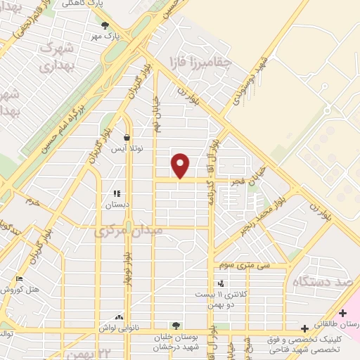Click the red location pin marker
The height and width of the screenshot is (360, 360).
(181, 166)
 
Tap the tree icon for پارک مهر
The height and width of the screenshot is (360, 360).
(105, 25)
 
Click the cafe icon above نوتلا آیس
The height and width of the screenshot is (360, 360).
(126, 137)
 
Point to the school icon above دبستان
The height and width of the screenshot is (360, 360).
(117, 193)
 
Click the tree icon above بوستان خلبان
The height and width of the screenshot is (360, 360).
(175, 325)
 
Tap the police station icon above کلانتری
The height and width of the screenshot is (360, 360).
(221, 283)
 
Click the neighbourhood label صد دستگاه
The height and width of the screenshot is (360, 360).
(323, 281)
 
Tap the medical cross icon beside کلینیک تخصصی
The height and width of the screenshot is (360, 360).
(304, 328)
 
